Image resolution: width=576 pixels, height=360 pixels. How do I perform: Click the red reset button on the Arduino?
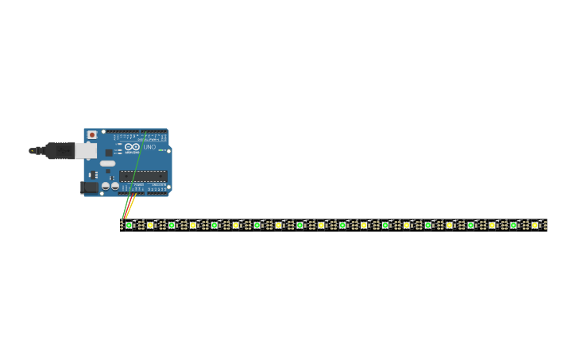pyautogui.click(x=92, y=135)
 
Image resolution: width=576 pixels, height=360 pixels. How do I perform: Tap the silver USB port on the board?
pyautogui.click(x=86, y=150)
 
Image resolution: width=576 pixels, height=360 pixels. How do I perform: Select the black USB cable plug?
pyautogui.click(x=60, y=150)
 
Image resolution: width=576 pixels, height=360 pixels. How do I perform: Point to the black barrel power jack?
pyautogui.click(x=89, y=188)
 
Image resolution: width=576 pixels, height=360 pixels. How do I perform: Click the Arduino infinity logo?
pyautogui.click(x=132, y=147)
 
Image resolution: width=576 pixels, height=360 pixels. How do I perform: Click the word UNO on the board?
pyautogui.click(x=149, y=147)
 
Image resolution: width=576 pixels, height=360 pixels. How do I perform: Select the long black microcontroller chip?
pyautogui.click(x=143, y=176)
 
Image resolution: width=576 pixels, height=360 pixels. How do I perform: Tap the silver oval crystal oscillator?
pyautogui.click(x=107, y=163)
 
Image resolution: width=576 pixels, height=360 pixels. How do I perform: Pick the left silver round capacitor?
pyautogui.click(x=105, y=186)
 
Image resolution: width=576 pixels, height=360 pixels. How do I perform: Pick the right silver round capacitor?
pyautogui.click(x=115, y=186)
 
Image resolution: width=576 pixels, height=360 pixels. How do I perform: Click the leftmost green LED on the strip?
pyautogui.click(x=129, y=225)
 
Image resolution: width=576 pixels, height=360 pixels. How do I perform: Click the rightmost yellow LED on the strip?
pyautogui.click(x=535, y=225)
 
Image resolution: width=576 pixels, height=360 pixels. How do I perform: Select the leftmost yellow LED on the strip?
pyautogui.click(x=150, y=225)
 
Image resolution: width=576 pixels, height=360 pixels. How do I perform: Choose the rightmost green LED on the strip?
pyautogui.click(x=513, y=225)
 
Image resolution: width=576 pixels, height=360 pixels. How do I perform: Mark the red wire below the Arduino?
pyautogui.click(x=127, y=208)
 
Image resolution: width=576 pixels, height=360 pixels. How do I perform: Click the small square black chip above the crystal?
pyautogui.click(x=109, y=153)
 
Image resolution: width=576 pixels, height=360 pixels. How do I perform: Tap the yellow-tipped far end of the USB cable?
pyautogui.click(x=32, y=150)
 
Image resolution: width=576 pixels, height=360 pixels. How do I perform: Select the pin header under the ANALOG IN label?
pyautogui.click(x=157, y=190)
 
